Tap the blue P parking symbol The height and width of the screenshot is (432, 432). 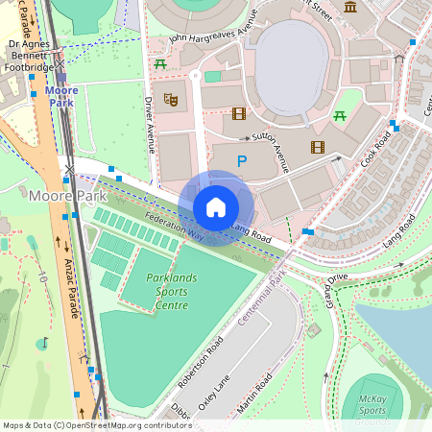click(242, 163)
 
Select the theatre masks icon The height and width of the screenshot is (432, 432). click(172, 98)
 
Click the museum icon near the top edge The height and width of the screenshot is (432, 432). click(350, 7)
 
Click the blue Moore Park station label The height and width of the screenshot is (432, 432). click(61, 96)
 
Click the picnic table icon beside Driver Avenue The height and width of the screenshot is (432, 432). click(161, 64)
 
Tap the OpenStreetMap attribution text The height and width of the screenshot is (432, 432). click(96, 425)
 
